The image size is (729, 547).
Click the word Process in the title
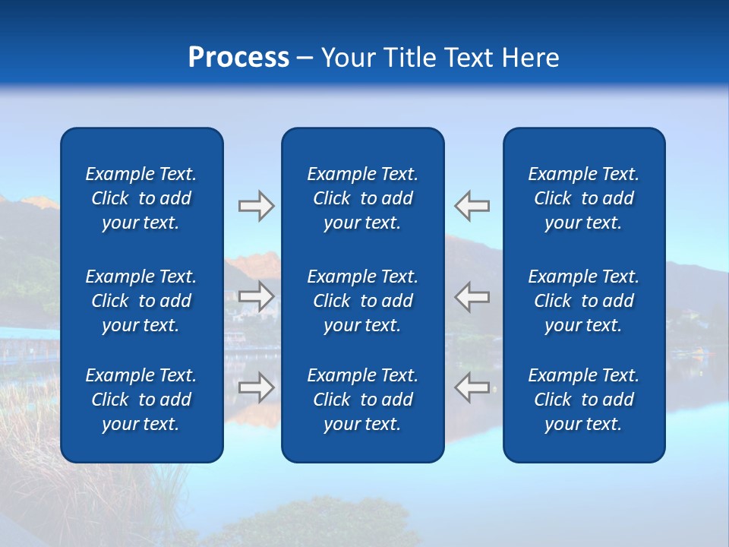coord(238,58)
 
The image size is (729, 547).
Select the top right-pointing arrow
coord(256,206)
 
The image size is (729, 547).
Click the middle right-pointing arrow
coord(256,296)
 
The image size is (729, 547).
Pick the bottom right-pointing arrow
coord(256,387)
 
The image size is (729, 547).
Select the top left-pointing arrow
coord(472,206)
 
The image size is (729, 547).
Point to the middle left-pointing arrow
coord(472,296)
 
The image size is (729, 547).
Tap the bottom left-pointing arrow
coord(472,387)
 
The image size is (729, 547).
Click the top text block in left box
coord(141,198)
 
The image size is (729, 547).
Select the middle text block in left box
coord(141,301)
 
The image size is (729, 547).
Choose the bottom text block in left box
coord(141,400)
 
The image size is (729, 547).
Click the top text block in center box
coord(362,198)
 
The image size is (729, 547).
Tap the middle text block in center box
coord(362,301)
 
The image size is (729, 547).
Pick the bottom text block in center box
coord(362,400)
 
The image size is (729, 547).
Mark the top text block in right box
coord(583,198)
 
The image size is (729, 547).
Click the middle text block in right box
coord(583,301)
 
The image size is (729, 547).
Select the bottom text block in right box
coord(583,400)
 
